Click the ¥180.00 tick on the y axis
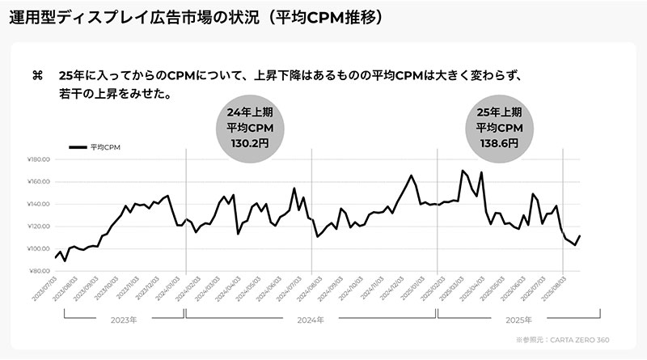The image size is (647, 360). (x=39, y=159)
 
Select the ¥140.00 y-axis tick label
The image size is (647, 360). (x=39, y=204)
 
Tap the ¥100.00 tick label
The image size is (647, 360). (x=39, y=248)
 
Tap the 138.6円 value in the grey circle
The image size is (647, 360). (x=498, y=142)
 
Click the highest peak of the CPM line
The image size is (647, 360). (x=462, y=171)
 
